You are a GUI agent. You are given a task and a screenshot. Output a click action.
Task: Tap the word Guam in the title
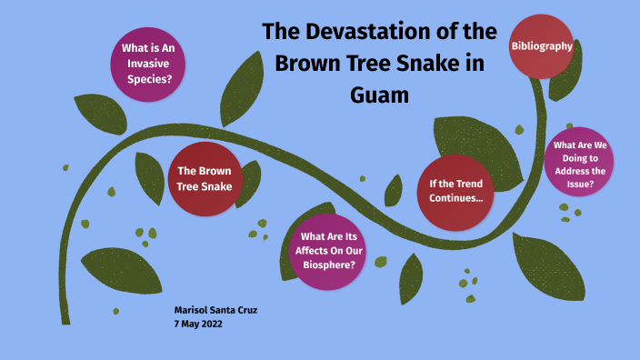click(380, 95)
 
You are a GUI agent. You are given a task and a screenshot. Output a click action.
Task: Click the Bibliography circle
click(542, 45)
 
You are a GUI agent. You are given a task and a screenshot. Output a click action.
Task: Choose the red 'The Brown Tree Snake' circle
click(205, 178)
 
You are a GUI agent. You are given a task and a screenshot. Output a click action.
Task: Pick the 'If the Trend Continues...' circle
click(455, 190)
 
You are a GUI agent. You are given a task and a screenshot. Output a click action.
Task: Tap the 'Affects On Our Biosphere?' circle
click(328, 250)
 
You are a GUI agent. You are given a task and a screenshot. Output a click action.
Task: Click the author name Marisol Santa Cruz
click(215, 310)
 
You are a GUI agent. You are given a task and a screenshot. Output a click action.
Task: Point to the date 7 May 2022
click(198, 325)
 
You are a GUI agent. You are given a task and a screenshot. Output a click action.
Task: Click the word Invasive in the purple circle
click(149, 63)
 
